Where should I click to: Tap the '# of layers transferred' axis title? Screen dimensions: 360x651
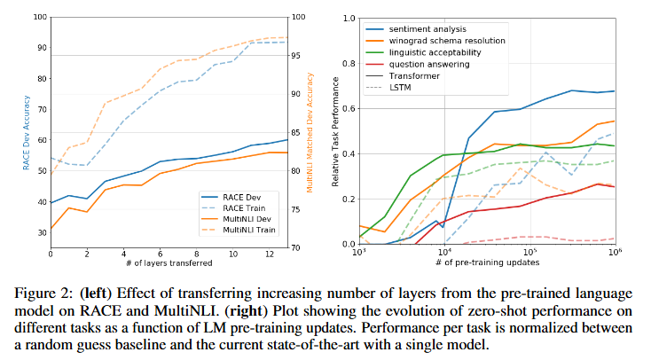click(x=169, y=262)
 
